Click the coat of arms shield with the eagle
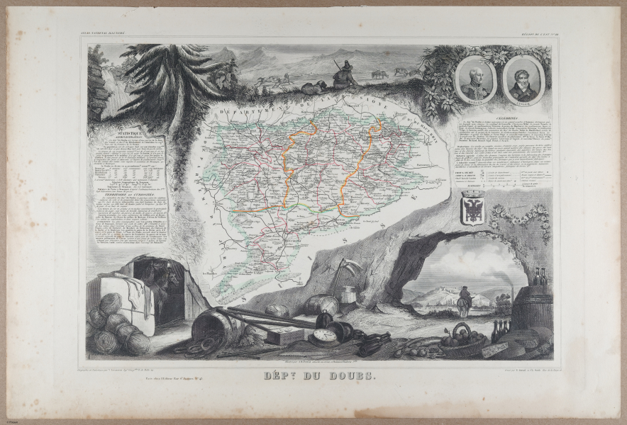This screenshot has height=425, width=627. coord(473,208)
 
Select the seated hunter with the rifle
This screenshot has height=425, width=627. coord(343,73)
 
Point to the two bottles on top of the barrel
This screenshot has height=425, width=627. coord(541,278)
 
